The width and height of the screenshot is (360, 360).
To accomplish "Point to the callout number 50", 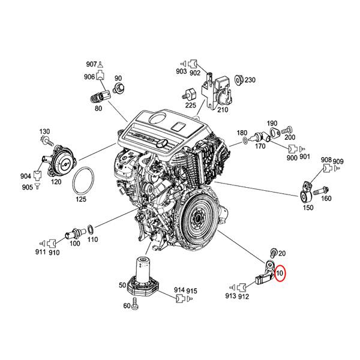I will point(123,284).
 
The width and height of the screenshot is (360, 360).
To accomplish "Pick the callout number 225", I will point(190,106).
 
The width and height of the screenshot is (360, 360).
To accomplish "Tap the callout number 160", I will point(326,199).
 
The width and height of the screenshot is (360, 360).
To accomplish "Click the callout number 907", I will point(91,64).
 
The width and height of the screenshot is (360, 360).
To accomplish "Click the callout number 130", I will point(45,131).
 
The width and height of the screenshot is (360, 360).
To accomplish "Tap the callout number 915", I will point(191,290).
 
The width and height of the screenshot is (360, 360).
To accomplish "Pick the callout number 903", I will point(181,71).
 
